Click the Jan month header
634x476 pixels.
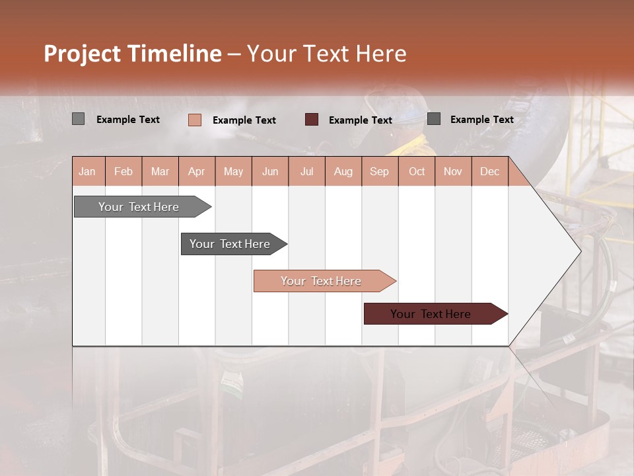coord(87,172)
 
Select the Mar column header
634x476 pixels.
coord(160,172)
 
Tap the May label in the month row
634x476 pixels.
coord(233,172)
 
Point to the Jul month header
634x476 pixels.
coord(306,172)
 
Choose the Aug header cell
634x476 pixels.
coord(343,172)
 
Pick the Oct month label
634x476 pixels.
coord(417,172)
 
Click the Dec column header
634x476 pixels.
coord(489,172)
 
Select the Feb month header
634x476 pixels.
coord(123,172)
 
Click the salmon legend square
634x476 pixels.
coord(195,120)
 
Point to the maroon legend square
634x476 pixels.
coord(312,119)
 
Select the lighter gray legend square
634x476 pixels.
coord(78,119)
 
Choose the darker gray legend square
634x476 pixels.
coord(434,118)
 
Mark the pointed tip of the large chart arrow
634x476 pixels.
coord(580,251)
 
